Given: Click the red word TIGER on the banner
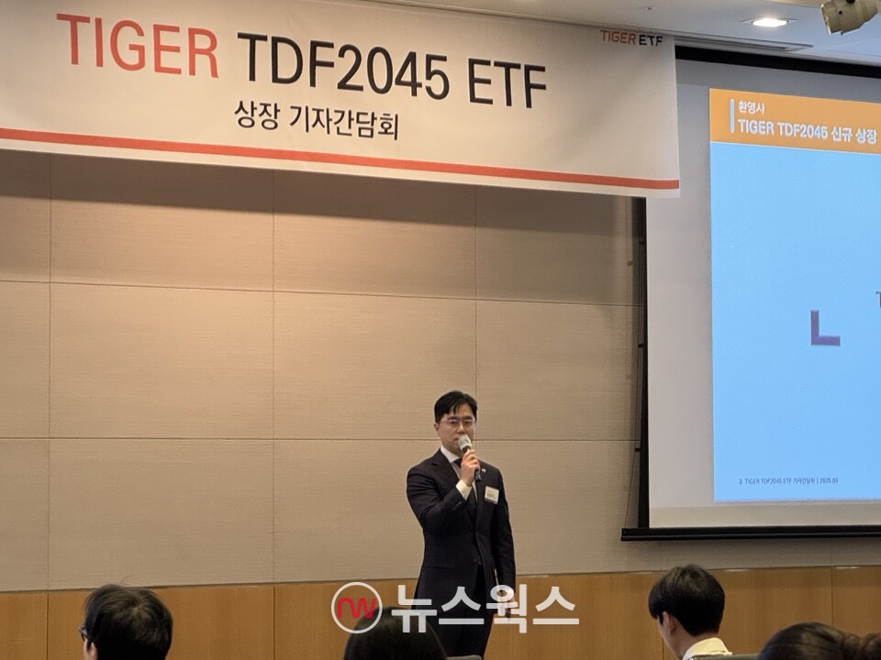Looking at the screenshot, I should click(x=138, y=46).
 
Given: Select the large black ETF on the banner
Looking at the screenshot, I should click(x=506, y=82).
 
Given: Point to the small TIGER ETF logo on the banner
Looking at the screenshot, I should click(x=631, y=38).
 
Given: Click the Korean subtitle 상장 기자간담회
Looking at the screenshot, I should click(x=316, y=120).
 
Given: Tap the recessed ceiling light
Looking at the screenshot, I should click(x=769, y=21).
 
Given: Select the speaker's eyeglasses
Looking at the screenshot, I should click(x=457, y=423).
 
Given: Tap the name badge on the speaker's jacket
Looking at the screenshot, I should click(x=491, y=494).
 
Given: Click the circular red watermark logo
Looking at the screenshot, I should click(x=356, y=608).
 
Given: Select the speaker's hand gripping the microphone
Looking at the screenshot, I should click(x=470, y=467).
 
